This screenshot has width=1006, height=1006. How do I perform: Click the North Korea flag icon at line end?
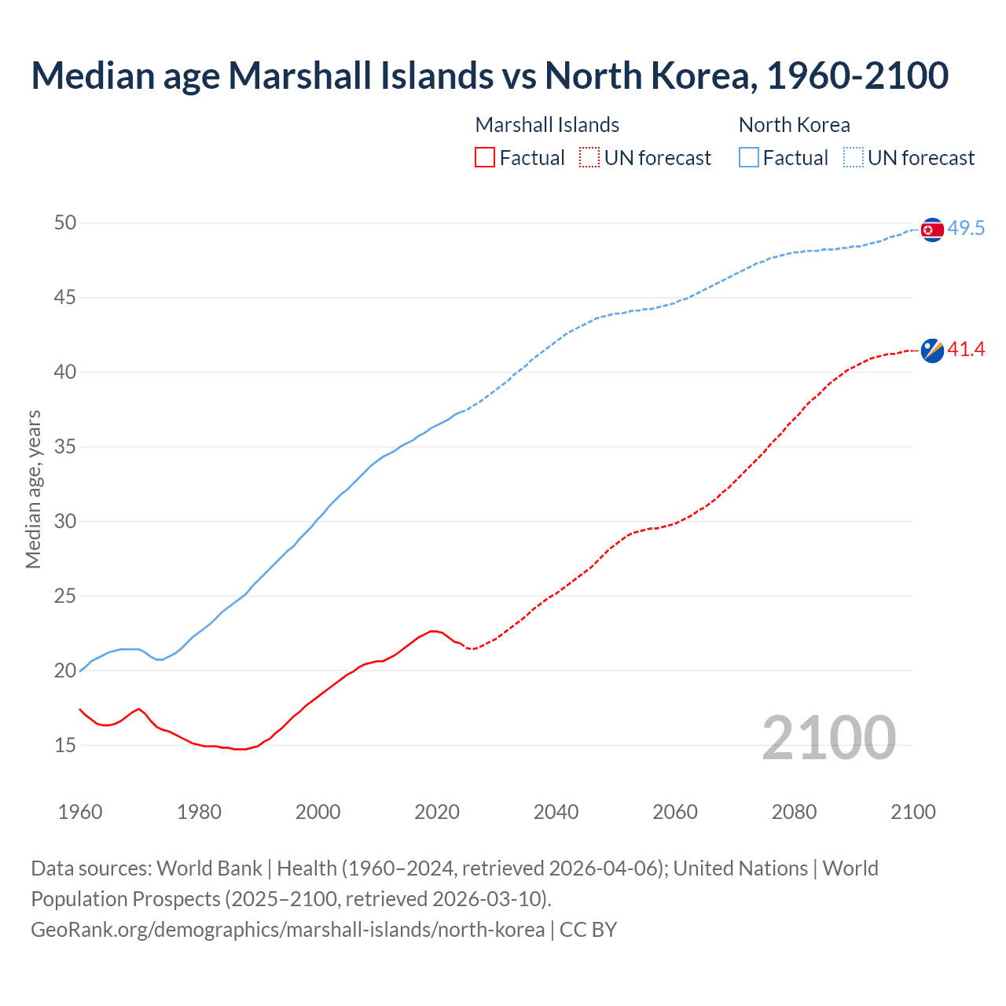click(931, 229)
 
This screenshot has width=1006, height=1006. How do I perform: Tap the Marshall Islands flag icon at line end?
click(931, 351)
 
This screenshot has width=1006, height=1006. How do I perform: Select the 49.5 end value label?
click(966, 229)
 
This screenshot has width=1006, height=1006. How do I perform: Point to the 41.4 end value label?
click(966, 350)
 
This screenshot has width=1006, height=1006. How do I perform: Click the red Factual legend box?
click(485, 158)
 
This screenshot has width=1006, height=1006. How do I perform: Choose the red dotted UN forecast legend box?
click(589, 158)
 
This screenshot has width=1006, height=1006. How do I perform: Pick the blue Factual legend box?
click(749, 158)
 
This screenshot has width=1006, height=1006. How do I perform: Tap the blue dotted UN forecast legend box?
click(854, 158)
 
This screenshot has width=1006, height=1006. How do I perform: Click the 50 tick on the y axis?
click(65, 223)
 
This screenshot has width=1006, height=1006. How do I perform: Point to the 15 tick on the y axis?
click(65, 745)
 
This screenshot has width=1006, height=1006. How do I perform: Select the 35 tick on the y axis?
click(65, 447)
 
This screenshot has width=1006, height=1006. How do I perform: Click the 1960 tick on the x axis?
click(80, 812)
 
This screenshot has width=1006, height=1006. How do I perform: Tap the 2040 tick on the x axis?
click(556, 812)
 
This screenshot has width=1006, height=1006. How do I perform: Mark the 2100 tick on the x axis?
click(913, 812)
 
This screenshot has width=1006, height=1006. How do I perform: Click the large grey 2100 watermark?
click(829, 737)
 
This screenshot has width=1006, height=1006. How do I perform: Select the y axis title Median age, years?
click(33, 489)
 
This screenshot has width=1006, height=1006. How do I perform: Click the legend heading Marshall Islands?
click(547, 125)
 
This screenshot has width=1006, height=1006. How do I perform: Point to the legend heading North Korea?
click(794, 125)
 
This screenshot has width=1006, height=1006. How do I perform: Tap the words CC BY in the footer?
click(588, 930)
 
